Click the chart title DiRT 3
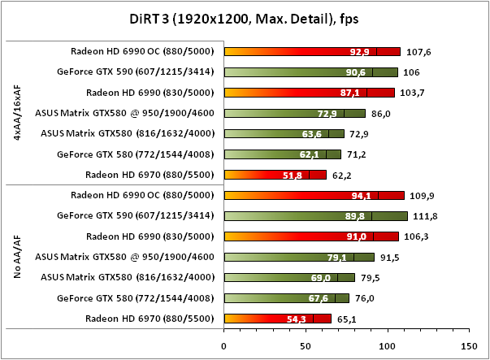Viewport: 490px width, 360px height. [x=244, y=20]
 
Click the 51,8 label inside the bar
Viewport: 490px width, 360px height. [x=292, y=174]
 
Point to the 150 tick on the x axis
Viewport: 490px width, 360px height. [x=470, y=345]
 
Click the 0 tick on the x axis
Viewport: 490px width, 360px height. [x=223, y=345]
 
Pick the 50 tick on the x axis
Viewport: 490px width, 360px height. [x=306, y=345]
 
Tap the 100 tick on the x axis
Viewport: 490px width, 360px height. [x=388, y=345]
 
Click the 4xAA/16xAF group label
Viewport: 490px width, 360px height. [x=18, y=113]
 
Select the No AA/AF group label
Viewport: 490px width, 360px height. [x=18, y=257]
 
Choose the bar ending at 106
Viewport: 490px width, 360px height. [x=310, y=72]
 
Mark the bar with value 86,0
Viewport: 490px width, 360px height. [x=294, y=112]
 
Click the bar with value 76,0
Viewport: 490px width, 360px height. [x=286, y=297]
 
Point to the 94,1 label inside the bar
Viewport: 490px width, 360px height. [x=361, y=195]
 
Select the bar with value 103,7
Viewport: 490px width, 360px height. [x=309, y=92]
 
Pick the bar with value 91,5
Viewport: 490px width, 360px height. [x=298, y=257]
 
